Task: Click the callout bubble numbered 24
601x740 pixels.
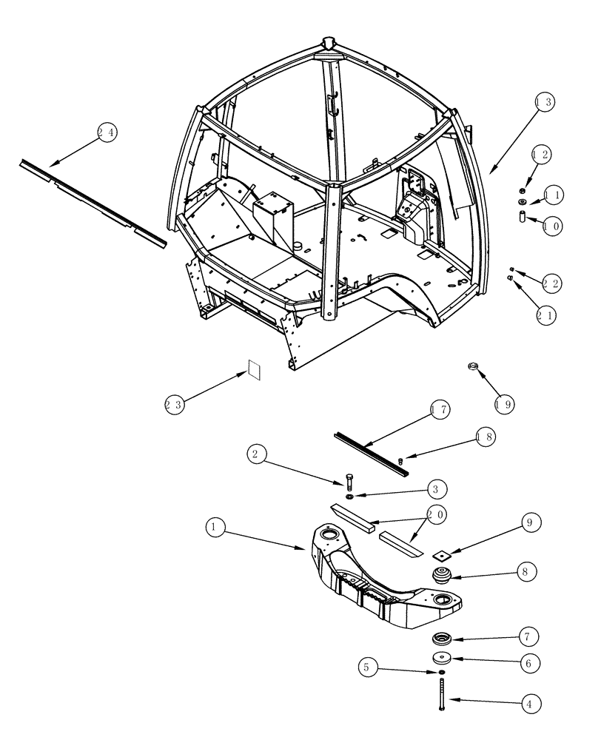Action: click(x=107, y=133)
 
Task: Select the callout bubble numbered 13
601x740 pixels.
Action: click(x=543, y=104)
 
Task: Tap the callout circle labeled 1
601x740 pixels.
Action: click(x=214, y=526)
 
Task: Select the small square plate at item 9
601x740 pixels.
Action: click(x=445, y=553)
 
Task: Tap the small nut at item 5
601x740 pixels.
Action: click(x=442, y=672)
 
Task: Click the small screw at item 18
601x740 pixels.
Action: click(x=401, y=462)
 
